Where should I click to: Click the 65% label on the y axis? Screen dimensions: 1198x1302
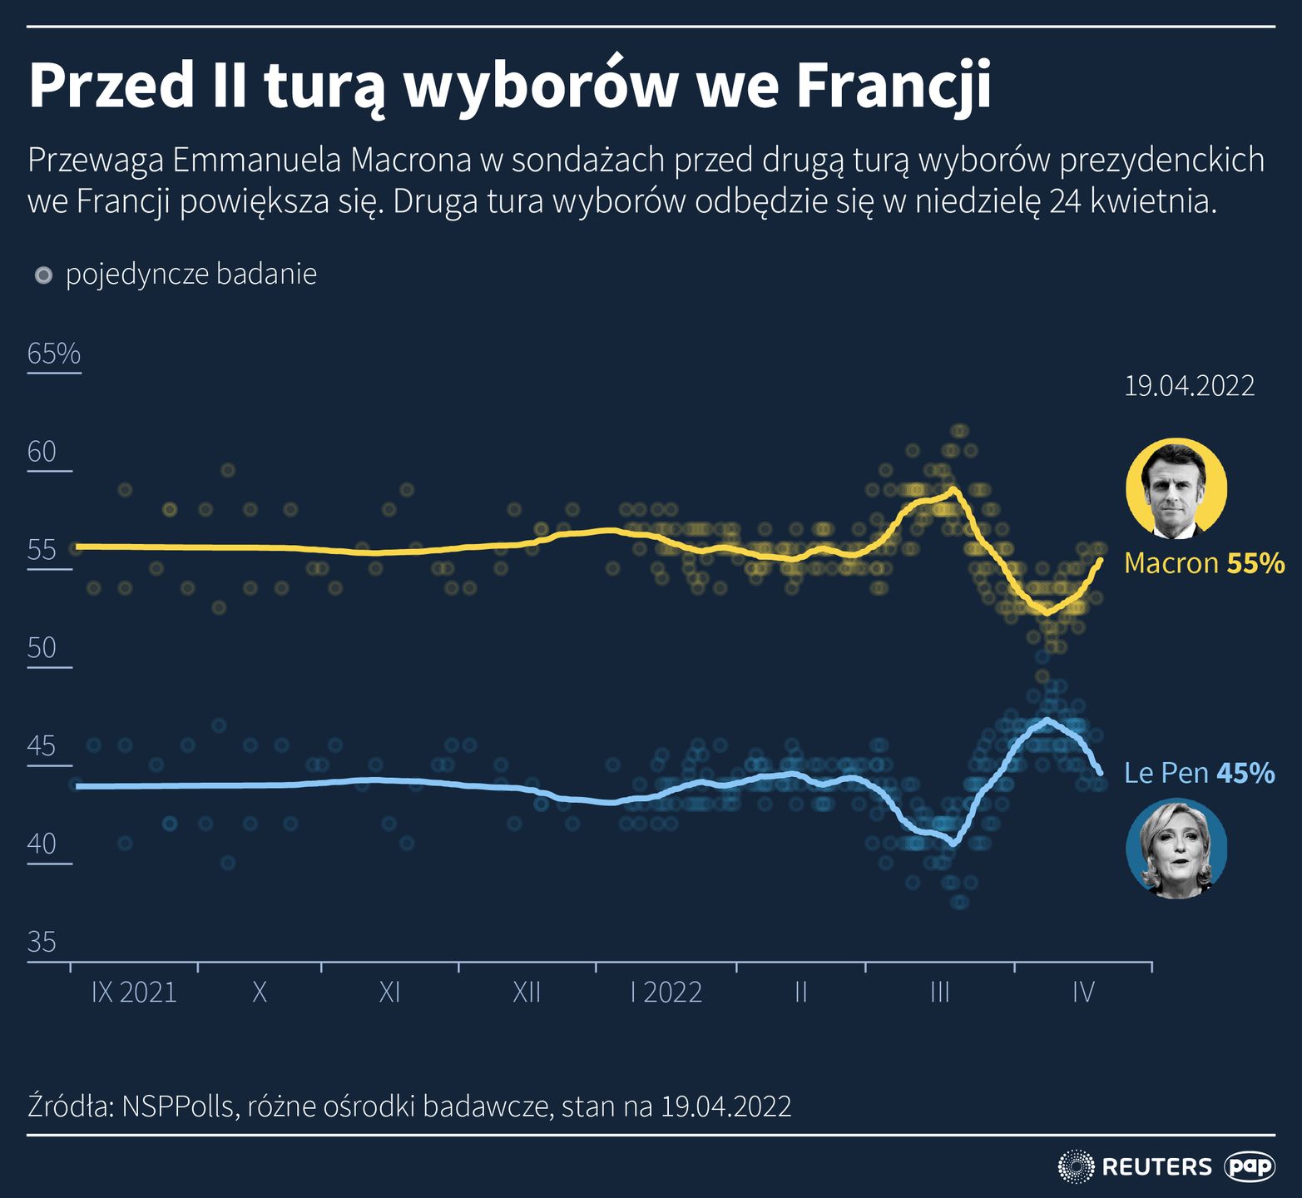pos(54,354)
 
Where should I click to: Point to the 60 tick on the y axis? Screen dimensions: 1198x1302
pos(42,452)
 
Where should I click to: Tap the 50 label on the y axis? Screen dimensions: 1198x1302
pos(42,648)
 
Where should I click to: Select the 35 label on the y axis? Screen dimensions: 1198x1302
pos(42,943)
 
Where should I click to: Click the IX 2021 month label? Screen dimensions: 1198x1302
pos(134,993)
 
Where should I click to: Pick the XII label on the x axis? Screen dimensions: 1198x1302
pos(527,993)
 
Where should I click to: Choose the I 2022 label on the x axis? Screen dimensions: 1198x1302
pos(666,993)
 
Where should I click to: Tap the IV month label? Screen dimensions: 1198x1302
pos(1082,993)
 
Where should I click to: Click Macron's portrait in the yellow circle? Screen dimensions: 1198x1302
pos(1176,488)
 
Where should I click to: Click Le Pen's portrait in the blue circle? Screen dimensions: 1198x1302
pos(1176,849)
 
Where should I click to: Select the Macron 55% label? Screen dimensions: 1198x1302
pos(1204,563)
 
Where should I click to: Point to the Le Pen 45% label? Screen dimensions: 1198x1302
pos(1199,774)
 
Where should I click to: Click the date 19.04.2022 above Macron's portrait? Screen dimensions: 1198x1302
pos(1190,386)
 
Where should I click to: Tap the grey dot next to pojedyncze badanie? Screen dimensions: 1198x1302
pos(44,275)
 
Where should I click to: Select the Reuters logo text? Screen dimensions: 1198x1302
pos(1156,1166)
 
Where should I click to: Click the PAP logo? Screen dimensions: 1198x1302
pos(1250,1166)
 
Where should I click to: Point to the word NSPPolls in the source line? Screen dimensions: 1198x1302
pos(177,1106)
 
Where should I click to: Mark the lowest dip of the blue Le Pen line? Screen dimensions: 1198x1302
pos(953,844)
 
